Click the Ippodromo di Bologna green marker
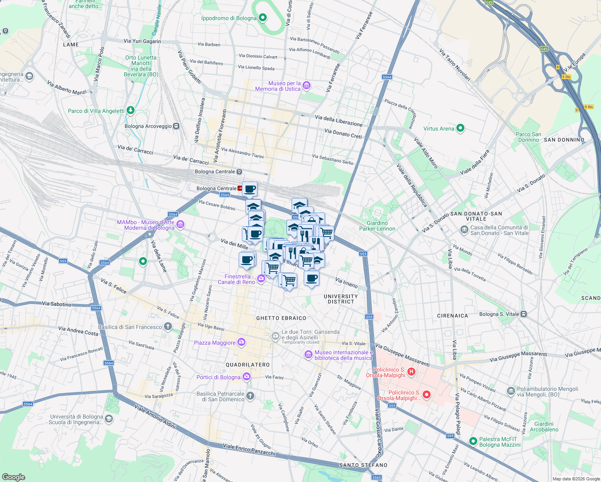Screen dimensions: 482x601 tap(262, 18)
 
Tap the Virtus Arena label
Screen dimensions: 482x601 tap(439, 129)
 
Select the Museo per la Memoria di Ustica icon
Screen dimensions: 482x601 tap(307, 85)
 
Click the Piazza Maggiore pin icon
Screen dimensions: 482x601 tap(241, 342)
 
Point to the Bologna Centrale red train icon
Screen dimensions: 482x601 tap(240, 188)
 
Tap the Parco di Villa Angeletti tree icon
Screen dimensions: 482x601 tap(130, 110)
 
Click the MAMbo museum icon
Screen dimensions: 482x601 tap(180, 225)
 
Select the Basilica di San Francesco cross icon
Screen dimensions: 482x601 tap(168, 327)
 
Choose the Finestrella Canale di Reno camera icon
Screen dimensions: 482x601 tap(261, 279)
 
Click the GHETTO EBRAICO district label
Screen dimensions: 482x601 tap(281, 318)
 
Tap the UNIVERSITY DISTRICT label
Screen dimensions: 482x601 tap(341, 299)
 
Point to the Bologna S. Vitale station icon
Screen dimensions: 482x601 tap(523, 314)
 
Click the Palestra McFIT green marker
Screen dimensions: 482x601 tap(473, 441)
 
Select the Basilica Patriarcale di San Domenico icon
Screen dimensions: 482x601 tap(250, 396)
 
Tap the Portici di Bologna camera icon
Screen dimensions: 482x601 tap(247, 377)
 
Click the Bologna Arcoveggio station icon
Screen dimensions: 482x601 tap(176, 126)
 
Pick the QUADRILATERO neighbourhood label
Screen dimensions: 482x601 tap(247, 365)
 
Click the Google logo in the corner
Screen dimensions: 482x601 tap(13, 477)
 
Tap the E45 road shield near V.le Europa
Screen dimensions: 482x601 tap(544, 49)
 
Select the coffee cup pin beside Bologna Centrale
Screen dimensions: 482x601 tap(250, 189)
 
